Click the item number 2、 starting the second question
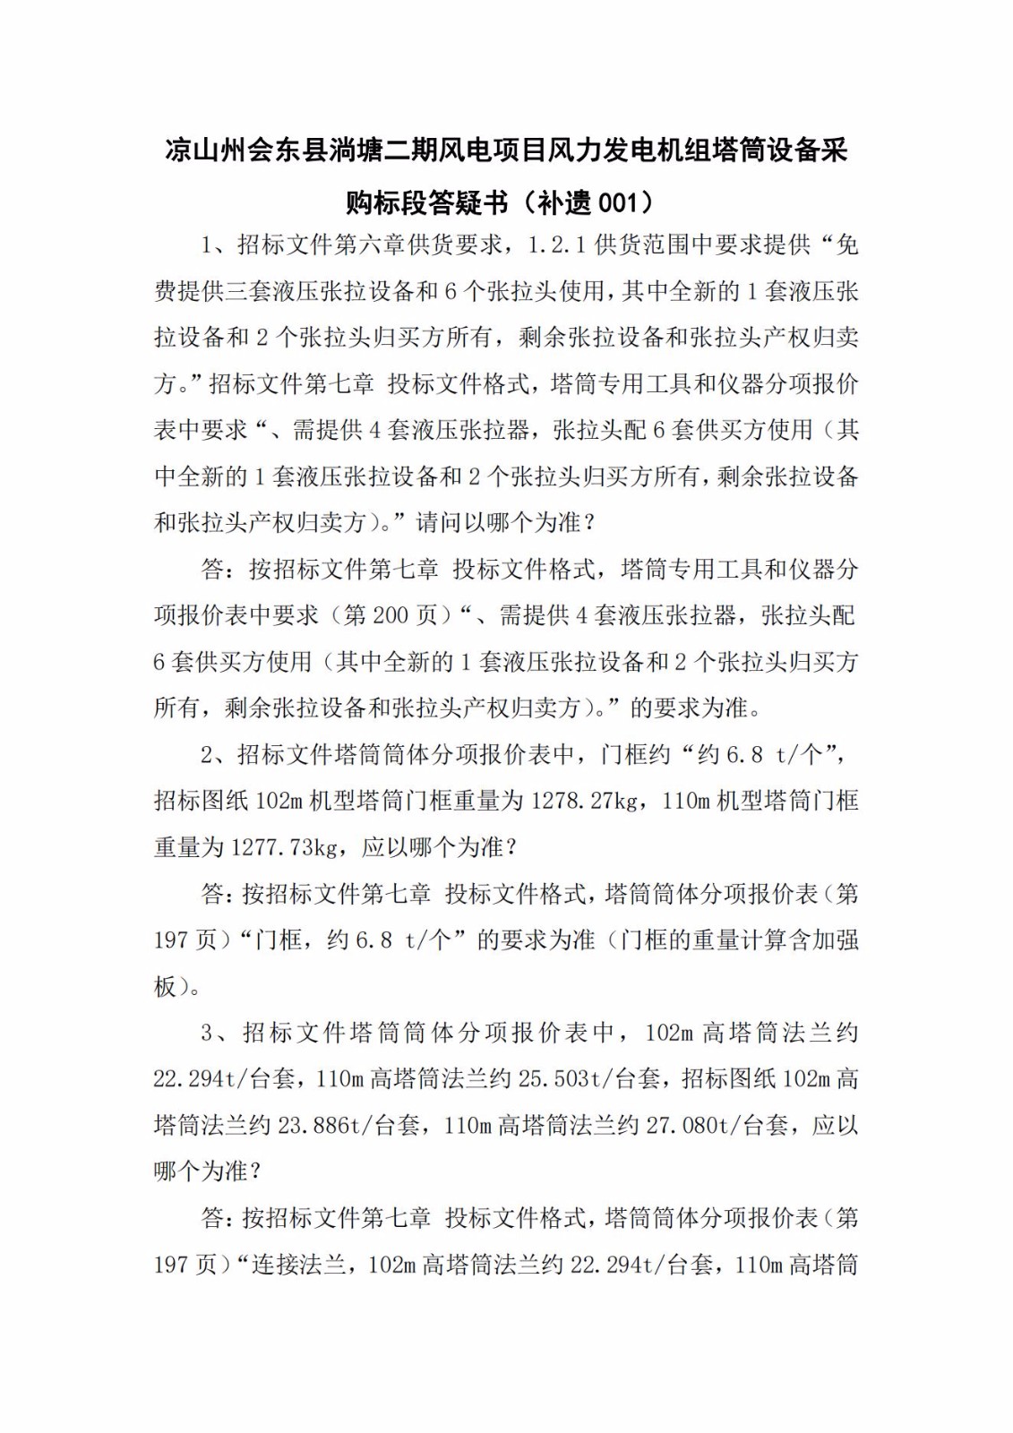[213, 754]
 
